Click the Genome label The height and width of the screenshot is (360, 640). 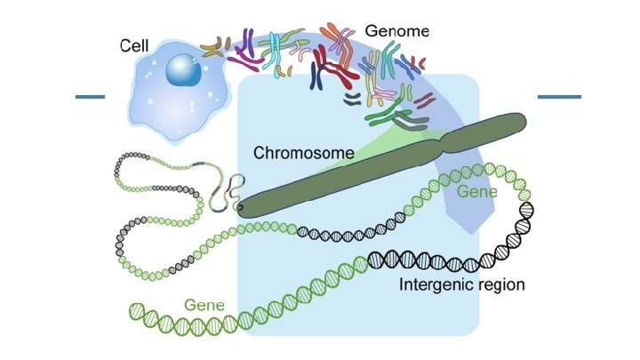(396, 30)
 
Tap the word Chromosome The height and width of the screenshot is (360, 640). (304, 152)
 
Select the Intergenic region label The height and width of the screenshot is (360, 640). (462, 285)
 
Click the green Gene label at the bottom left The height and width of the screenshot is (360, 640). (204, 305)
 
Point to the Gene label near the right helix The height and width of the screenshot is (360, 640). (477, 191)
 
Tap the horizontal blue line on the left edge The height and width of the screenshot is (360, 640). (90, 96)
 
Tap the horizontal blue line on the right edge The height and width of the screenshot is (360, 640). (559, 96)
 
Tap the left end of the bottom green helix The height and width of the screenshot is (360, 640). (135, 311)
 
